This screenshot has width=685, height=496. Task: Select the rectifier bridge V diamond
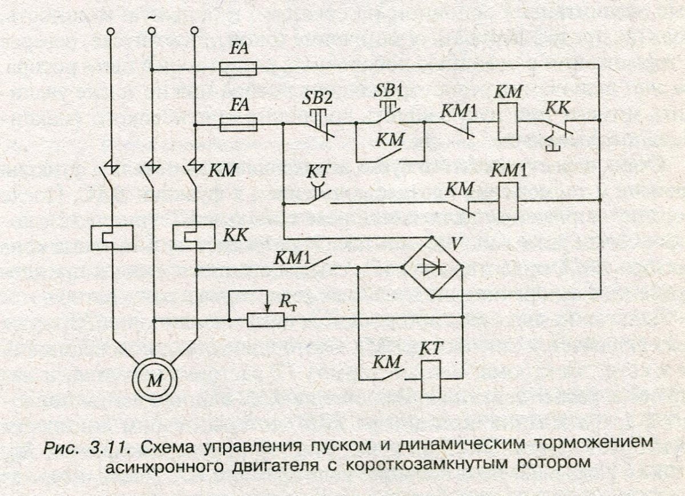(x=432, y=267)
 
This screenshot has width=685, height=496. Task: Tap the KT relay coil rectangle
(x=431, y=379)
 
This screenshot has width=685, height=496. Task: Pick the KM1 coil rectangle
(x=508, y=200)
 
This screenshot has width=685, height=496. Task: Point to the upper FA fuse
(x=238, y=70)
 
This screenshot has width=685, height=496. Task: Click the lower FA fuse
(x=238, y=124)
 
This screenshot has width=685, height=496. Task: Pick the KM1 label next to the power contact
(x=291, y=259)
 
